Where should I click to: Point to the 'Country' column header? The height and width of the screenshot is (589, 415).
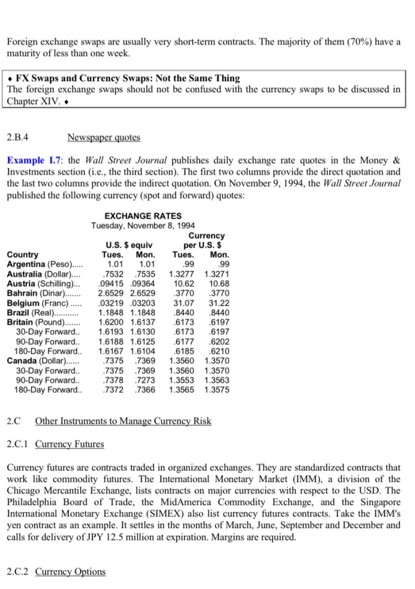tap(22, 254)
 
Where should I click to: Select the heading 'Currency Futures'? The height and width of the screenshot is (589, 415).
tap(70, 443)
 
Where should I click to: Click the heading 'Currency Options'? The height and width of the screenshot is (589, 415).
tap(70, 571)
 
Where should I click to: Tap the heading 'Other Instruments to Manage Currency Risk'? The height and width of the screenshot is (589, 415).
tap(123, 421)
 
